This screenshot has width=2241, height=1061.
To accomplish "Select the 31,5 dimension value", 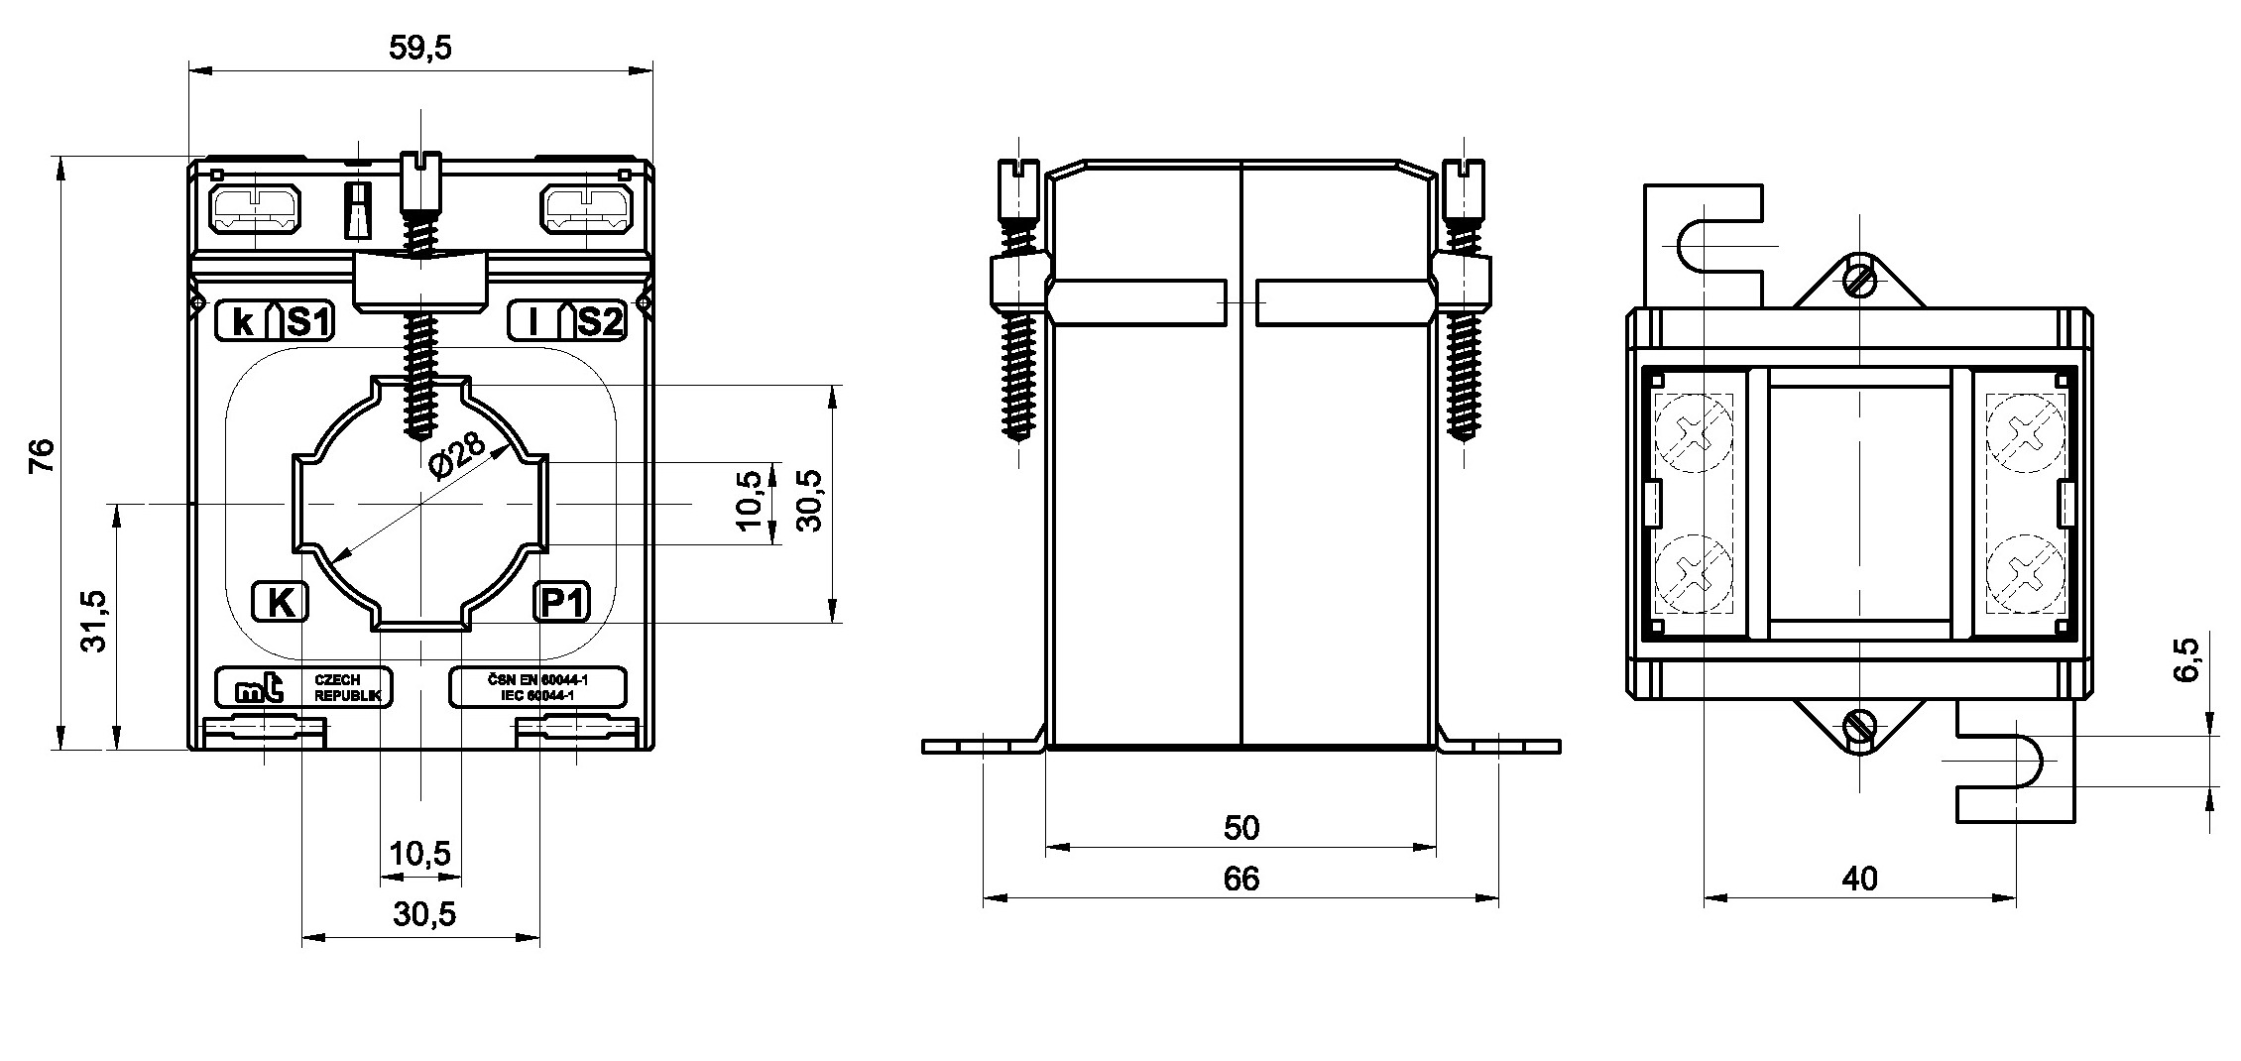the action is point(94,621).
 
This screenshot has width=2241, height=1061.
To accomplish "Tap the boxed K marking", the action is point(282,602).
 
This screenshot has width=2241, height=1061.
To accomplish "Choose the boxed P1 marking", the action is point(562,602).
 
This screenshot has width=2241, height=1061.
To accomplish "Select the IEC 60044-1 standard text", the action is point(538,696).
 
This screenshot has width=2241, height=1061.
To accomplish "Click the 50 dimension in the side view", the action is point(1240,828).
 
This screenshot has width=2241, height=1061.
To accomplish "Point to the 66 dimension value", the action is point(1240,879).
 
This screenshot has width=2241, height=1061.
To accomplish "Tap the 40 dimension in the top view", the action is point(1859,879).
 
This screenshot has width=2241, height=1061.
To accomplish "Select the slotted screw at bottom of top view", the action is point(1859,729).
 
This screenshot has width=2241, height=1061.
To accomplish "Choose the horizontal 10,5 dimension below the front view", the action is point(420,853).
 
